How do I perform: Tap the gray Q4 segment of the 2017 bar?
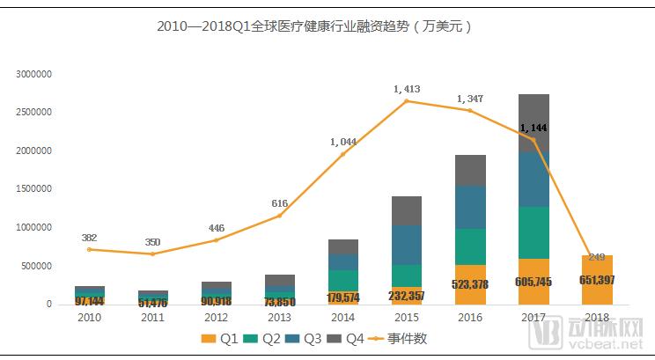tap(534, 122)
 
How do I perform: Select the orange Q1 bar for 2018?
tap(596, 280)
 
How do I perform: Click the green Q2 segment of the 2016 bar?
tap(470, 246)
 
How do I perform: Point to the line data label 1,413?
tap(408, 89)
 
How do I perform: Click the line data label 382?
tap(89, 238)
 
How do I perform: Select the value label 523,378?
tap(470, 284)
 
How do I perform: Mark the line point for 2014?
tap(343, 154)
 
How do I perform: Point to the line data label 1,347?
tap(470, 99)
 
